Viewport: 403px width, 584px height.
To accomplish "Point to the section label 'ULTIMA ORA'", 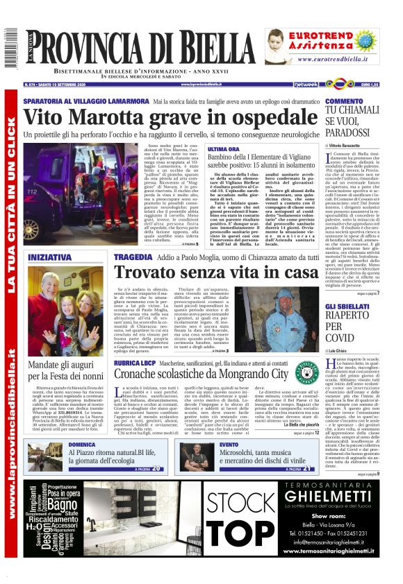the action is (223, 149).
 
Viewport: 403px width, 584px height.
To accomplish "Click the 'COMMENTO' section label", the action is (344, 101).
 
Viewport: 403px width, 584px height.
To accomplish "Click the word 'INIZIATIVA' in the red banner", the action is (49, 257).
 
